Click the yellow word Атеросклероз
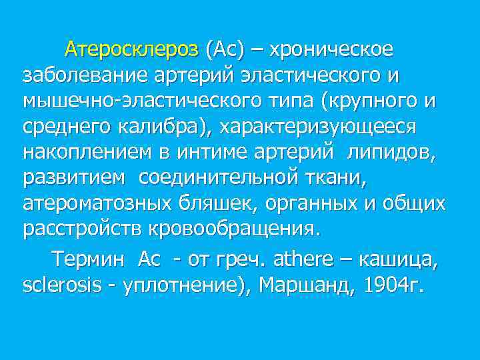tap(131, 49)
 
